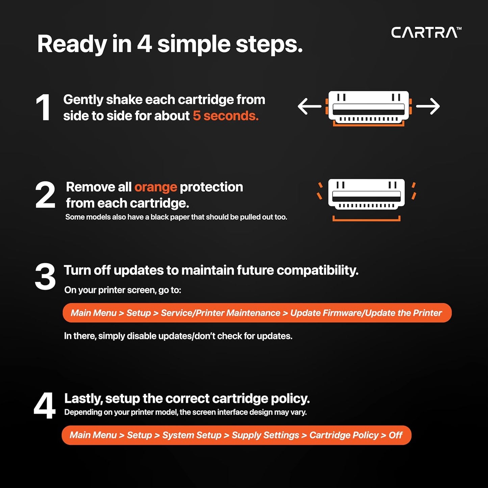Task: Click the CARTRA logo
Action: pyautogui.click(x=426, y=32)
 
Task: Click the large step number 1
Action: pyautogui.click(x=43, y=108)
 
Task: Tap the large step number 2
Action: pyautogui.click(x=45, y=195)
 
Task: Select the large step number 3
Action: pyautogui.click(x=45, y=277)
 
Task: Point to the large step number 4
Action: pyautogui.click(x=45, y=406)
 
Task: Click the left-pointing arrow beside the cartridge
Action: pyautogui.click(x=309, y=106)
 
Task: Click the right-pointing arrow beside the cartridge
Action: pyautogui.click(x=428, y=106)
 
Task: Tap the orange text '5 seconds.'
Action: pyautogui.click(x=226, y=116)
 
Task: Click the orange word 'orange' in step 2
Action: pyautogui.click(x=156, y=187)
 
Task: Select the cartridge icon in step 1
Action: pyautogui.click(x=368, y=107)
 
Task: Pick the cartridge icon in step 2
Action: pyautogui.click(x=366, y=194)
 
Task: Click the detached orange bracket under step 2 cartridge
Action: pyautogui.click(x=366, y=219)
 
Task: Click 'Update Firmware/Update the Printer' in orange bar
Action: pyautogui.click(x=366, y=313)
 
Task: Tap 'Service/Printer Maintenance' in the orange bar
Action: pyautogui.click(x=220, y=313)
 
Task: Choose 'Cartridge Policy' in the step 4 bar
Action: pyautogui.click(x=344, y=435)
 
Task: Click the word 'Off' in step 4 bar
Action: pyautogui.click(x=395, y=435)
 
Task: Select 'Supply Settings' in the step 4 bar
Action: pyautogui.click(x=265, y=435)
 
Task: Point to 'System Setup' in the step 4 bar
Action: pyautogui.click(x=191, y=435)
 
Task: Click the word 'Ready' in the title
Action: pyautogui.click(x=72, y=45)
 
